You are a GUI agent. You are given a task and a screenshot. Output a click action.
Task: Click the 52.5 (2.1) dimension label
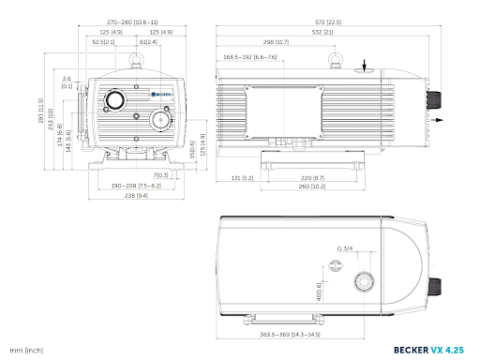[104, 42]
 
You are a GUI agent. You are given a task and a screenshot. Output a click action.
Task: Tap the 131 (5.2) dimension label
[241, 177]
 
